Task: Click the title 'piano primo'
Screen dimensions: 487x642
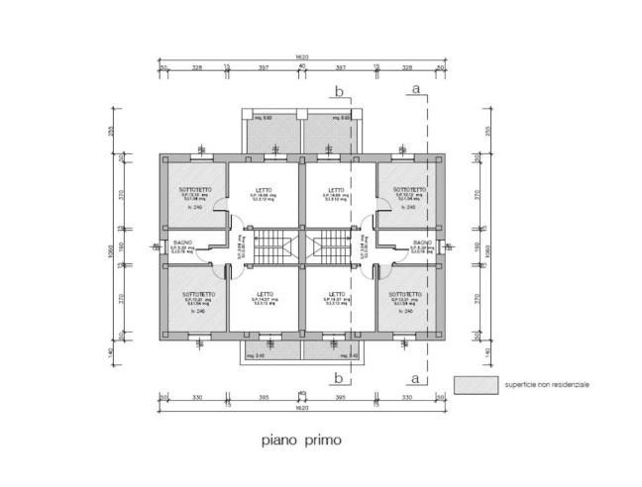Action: (x=301, y=437)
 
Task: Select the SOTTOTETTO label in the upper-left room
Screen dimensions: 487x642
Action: (x=193, y=189)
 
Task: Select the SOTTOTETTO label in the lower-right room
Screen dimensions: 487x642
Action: (x=406, y=294)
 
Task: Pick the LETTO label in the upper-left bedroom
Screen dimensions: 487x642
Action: (x=265, y=190)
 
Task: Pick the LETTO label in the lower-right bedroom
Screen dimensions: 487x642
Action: (x=337, y=294)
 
